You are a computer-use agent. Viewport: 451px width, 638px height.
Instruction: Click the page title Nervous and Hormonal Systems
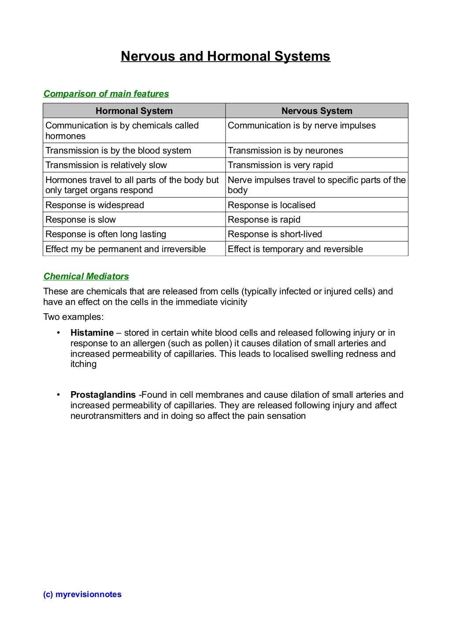[x=225, y=56]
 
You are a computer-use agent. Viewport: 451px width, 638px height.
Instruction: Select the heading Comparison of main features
[x=106, y=94]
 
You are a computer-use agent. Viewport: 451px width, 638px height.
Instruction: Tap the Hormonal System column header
[x=134, y=111]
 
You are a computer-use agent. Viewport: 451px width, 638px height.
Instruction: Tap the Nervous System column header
[x=317, y=111]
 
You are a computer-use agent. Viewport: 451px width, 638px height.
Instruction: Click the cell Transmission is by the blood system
[x=118, y=150]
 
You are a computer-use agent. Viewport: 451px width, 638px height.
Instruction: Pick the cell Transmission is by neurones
[x=285, y=150]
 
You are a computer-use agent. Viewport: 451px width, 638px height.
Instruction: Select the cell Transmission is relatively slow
[x=106, y=165]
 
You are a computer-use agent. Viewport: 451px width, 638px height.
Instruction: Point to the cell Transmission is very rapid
[x=280, y=165]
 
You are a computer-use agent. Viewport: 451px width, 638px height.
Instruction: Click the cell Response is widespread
[x=95, y=205]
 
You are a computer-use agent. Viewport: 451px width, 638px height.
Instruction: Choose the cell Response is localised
[x=271, y=205]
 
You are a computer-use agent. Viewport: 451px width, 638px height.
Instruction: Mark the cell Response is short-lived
[x=275, y=234]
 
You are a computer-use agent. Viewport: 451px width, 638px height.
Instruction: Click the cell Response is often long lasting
[x=106, y=234]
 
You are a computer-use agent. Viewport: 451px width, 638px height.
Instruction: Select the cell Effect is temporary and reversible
[x=295, y=249]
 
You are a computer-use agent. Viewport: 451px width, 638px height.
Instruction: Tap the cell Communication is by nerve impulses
[x=302, y=125]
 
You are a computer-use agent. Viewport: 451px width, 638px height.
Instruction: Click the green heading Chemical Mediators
[x=86, y=276]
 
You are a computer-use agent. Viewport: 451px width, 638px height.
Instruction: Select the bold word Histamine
[x=92, y=333]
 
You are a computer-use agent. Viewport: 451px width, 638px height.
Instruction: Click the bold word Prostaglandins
[x=103, y=395]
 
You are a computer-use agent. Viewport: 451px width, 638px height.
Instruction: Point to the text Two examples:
[x=74, y=317]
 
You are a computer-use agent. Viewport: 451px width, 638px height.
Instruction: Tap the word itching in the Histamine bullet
[x=83, y=364]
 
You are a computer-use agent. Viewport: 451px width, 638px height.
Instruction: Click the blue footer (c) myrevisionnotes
[x=82, y=594]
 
